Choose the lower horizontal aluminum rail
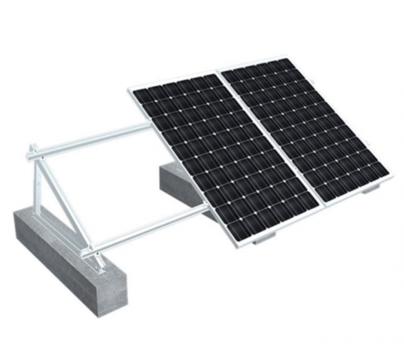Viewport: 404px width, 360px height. click(x=149, y=226)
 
